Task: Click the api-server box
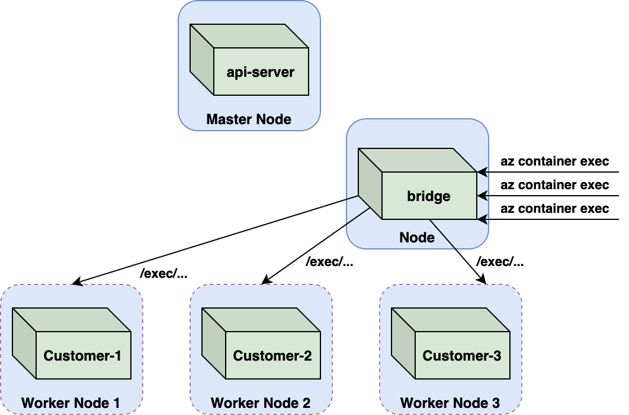249,60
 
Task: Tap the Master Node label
249,119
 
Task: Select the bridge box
418,184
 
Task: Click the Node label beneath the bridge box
417,238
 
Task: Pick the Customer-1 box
72,343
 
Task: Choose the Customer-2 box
261,343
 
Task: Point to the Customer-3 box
451,343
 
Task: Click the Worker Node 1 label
70,403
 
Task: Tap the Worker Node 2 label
261,403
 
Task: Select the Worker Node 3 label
450,403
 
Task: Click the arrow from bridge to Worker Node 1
216,241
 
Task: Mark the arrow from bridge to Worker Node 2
316,246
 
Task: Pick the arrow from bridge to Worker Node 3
458,252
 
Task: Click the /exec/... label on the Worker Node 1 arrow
163,273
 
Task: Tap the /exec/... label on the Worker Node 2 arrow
329,261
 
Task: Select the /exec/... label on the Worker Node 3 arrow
500,261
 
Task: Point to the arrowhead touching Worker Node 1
77,282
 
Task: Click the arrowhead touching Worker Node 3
483,280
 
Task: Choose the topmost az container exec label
555,161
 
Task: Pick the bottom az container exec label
555,208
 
